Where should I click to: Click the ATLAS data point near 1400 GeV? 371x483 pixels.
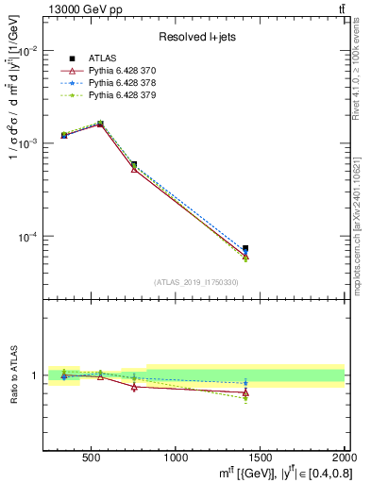(245, 248)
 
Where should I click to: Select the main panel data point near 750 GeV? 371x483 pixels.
(134, 165)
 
